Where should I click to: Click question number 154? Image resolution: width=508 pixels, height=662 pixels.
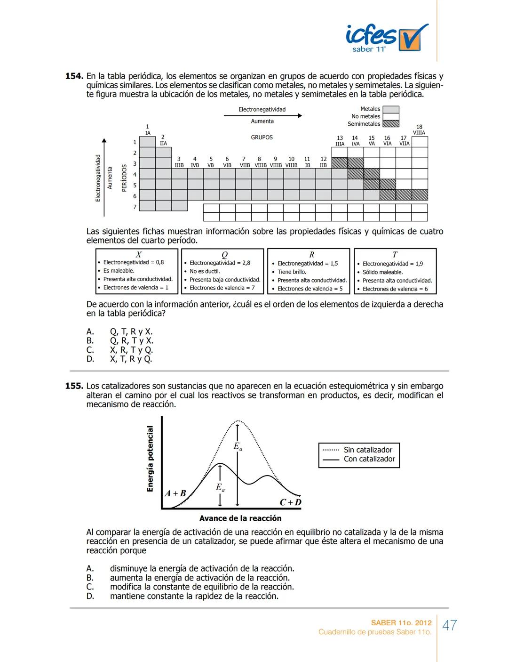pyautogui.click(x=74, y=76)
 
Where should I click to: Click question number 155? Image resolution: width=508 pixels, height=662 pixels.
pyautogui.click(x=74, y=386)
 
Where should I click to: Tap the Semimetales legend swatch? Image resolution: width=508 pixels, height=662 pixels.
pyautogui.click(x=390, y=124)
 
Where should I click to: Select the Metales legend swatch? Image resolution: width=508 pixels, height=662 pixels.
pyautogui.click(x=390, y=109)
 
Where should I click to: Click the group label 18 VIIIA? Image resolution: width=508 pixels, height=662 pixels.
pyautogui.click(x=419, y=130)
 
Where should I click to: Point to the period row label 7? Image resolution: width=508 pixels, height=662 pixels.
pyautogui.click(x=135, y=207)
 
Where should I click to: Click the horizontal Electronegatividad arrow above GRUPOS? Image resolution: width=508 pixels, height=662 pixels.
pyautogui.click(x=262, y=115)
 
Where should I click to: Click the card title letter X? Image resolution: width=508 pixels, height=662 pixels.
pyautogui.click(x=139, y=254)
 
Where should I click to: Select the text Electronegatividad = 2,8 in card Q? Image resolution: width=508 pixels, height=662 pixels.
pyautogui.click(x=220, y=263)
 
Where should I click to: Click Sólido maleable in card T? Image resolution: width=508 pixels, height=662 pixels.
pyautogui.click(x=382, y=272)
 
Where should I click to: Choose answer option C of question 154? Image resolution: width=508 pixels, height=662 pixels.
pyautogui.click(x=131, y=350)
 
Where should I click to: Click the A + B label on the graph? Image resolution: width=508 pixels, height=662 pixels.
pyautogui.click(x=175, y=493)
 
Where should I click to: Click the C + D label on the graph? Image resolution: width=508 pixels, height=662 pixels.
pyautogui.click(x=290, y=502)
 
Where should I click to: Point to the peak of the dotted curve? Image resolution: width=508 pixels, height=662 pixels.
pyautogui.click(x=238, y=420)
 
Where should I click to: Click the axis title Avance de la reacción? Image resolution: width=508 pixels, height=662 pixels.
pyautogui.click(x=240, y=518)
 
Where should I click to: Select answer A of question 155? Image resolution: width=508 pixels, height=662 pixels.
pyautogui.click(x=202, y=569)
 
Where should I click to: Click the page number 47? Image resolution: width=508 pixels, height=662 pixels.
pyautogui.click(x=450, y=625)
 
